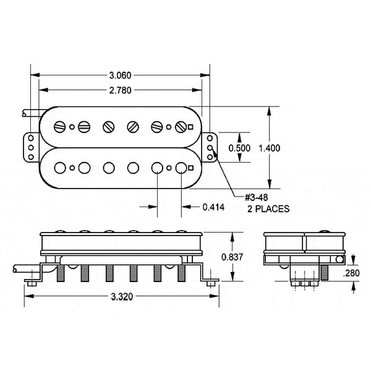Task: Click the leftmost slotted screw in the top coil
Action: (61, 127)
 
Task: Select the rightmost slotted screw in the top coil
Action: (181, 127)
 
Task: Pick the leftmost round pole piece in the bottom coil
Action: (61, 167)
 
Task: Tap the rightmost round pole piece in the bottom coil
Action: (181, 167)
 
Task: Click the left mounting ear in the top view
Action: (29, 148)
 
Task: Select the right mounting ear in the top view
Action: (212, 148)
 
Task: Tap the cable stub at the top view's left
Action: (30, 113)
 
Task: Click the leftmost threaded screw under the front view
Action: (61, 271)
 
